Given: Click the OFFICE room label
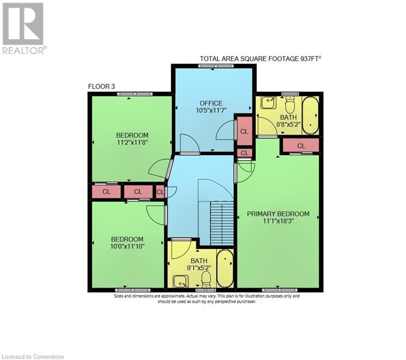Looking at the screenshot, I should pos(211,103).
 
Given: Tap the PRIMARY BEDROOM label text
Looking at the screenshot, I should pos(278,214).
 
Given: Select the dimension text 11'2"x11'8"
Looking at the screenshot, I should pos(132,143).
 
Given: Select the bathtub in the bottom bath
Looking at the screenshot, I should pos(226,268).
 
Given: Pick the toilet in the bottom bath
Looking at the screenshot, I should pos(206,279).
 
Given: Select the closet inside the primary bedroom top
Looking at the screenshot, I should pos(301,146).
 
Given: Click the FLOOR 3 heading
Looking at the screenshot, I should pos(102,86).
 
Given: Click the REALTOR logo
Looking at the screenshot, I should pos(23,28).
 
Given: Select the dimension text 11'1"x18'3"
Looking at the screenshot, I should pos(278,222).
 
